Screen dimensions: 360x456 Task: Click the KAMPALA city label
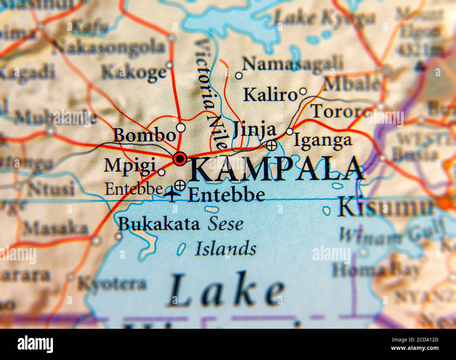(277, 170)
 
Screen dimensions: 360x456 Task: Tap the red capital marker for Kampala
(180, 159)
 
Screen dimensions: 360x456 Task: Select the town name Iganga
(322, 140)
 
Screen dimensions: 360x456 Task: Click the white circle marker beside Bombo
(181, 127)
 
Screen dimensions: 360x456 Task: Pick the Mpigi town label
(130, 165)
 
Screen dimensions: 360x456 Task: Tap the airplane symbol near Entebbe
(172, 194)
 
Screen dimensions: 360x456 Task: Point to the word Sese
(226, 224)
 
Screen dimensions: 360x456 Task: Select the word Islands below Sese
(226, 249)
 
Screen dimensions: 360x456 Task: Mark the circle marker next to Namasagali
(239, 75)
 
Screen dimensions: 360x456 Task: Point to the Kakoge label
(133, 73)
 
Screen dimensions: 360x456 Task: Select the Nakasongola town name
(109, 47)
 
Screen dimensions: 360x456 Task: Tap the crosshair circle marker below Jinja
(271, 144)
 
